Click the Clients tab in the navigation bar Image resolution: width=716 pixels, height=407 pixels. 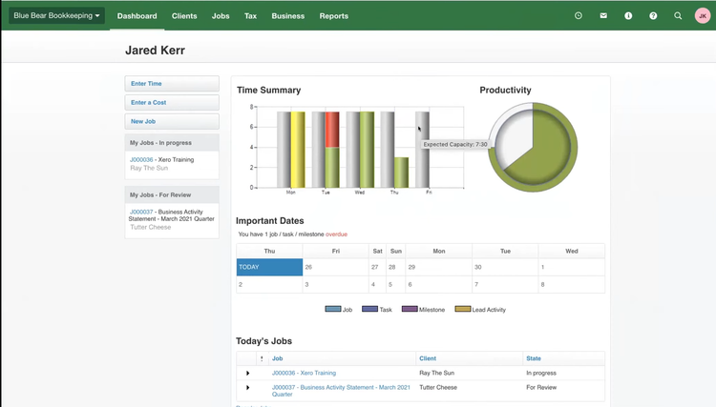pyautogui.click(x=184, y=16)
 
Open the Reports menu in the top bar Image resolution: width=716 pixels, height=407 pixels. pyautogui.click(x=334, y=16)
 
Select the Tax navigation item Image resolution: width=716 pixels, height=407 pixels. pyautogui.click(x=250, y=16)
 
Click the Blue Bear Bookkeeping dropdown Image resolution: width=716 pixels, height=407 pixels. pyautogui.click(x=57, y=16)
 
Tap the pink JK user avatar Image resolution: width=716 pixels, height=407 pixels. pyautogui.click(x=703, y=16)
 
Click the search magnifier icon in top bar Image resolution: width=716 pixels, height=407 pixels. pyautogui.click(x=678, y=16)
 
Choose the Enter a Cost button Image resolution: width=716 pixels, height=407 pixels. pyautogui.click(x=149, y=103)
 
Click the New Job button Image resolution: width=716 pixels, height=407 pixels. pyautogui.click(x=143, y=122)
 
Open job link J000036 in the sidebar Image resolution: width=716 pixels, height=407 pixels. pyautogui.click(x=141, y=160)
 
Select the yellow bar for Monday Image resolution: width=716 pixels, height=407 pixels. pyautogui.click(x=298, y=150)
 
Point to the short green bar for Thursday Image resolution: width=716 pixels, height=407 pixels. pyautogui.click(x=402, y=173)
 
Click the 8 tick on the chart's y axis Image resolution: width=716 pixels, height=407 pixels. pyautogui.click(x=251, y=107)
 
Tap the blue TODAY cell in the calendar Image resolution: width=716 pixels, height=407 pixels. pyautogui.click(x=269, y=267)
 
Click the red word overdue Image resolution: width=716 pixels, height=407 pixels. pyautogui.click(x=336, y=234)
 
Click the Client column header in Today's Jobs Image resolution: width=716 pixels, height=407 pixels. pyautogui.click(x=428, y=358)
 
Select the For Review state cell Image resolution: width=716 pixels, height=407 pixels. pyautogui.click(x=541, y=388)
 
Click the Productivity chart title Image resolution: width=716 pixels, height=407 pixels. pyautogui.click(x=505, y=91)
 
